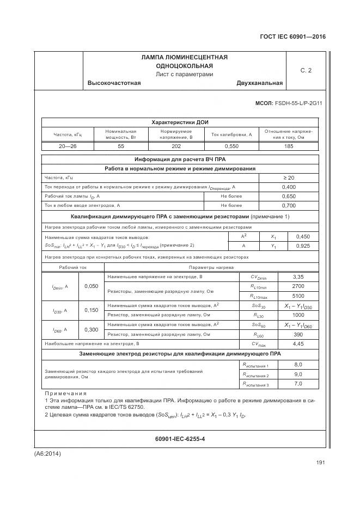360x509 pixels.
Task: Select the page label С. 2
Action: [x=306, y=70]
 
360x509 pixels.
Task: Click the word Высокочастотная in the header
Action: [x=114, y=83]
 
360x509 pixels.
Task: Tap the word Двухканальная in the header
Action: [x=259, y=83]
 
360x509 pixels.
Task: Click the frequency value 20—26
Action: [x=67, y=146]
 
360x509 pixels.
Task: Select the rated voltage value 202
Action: [x=175, y=146]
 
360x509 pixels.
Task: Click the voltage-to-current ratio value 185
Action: [x=289, y=146]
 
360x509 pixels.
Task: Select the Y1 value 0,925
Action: [x=302, y=246]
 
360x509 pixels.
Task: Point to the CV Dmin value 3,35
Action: [x=298, y=277]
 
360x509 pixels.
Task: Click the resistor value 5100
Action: [x=298, y=296]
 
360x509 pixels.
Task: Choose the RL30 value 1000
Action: [x=298, y=315]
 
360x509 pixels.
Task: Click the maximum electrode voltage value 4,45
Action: [x=298, y=344]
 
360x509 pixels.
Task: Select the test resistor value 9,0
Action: [x=298, y=374]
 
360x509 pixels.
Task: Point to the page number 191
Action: [x=320, y=463]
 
